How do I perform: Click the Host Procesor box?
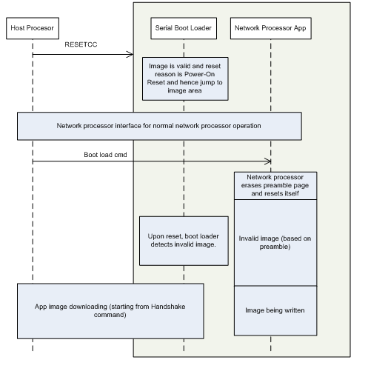[33, 28]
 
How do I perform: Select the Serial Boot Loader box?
[184, 28]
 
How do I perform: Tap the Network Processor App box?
[271, 28]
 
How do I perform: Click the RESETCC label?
[81, 44]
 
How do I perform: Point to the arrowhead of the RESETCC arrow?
[133, 54]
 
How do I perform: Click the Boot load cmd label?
[105, 155]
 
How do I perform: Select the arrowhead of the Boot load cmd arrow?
[270, 161]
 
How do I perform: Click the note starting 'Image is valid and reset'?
[185, 79]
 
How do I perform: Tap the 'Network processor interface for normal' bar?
[159, 126]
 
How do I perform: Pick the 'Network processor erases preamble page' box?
[275, 186]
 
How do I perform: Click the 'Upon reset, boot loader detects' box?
[184, 241]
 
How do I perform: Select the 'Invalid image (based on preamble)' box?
[275, 243]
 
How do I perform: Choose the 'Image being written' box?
[275, 310]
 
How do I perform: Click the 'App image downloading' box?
[110, 311]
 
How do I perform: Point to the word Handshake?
[168, 307]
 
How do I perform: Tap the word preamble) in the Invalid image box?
[275, 247]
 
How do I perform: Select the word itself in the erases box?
[292, 193]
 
